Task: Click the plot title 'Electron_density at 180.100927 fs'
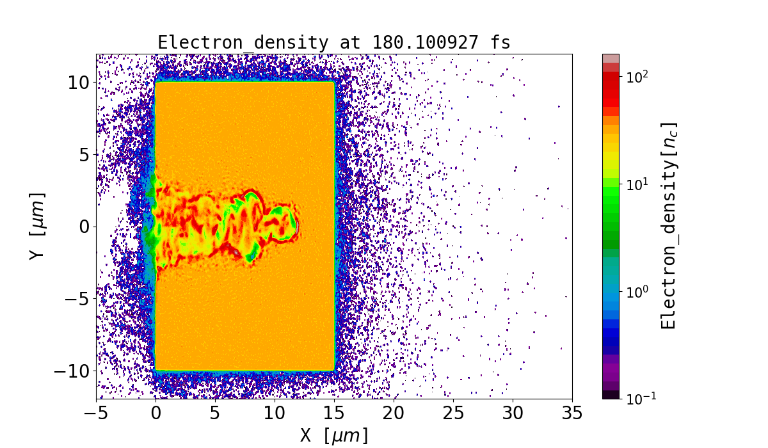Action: (334, 43)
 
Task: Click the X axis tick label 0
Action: (156, 414)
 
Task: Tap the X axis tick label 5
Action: (215, 414)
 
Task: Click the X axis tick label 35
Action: (572, 414)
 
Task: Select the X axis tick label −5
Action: (96, 414)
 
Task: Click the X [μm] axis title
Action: (334, 436)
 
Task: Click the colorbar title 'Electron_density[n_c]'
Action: (669, 226)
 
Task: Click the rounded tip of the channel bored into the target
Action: (296, 226)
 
